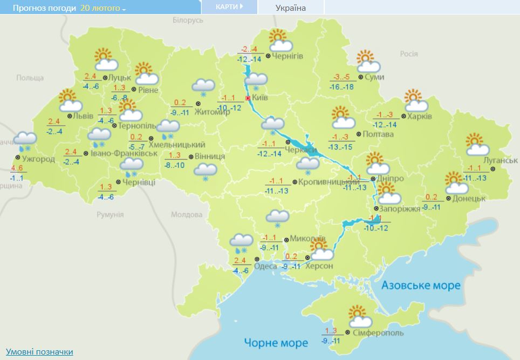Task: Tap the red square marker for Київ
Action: pyautogui.click(x=248, y=99)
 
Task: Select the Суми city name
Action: pyautogui.click(x=375, y=77)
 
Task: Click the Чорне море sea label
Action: pyautogui.click(x=276, y=342)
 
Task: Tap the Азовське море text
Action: pyautogui.click(x=421, y=285)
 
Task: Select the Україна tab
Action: pyautogui.click(x=290, y=8)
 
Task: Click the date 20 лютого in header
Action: pyautogui.click(x=102, y=8)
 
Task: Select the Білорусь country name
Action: pyautogui.click(x=188, y=20)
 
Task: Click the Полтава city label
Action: pyautogui.click(x=378, y=134)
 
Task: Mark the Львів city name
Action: pyautogui.click(x=84, y=116)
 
